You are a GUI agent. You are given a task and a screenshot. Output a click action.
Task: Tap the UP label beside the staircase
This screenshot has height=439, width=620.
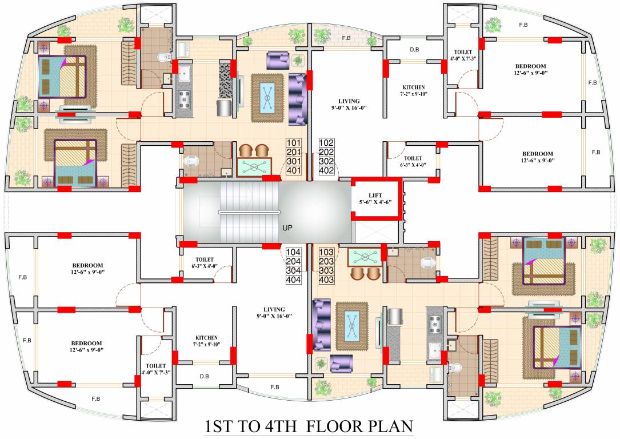288,227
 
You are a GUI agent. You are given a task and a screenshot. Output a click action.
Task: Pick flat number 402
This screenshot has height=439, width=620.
326,170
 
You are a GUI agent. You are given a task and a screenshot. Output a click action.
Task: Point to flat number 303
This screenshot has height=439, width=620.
326,270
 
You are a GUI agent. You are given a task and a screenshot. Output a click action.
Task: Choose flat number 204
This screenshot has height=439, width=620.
294,261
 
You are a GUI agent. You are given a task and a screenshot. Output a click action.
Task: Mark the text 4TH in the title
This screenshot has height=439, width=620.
275,427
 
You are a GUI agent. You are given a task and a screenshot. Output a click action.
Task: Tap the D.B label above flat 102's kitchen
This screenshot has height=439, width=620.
414,50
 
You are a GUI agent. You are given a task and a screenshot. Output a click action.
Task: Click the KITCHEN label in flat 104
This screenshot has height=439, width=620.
206,337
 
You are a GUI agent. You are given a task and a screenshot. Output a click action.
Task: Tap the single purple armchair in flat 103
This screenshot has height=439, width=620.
341,362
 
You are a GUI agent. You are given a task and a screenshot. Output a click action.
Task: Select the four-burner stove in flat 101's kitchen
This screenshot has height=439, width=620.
185,101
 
